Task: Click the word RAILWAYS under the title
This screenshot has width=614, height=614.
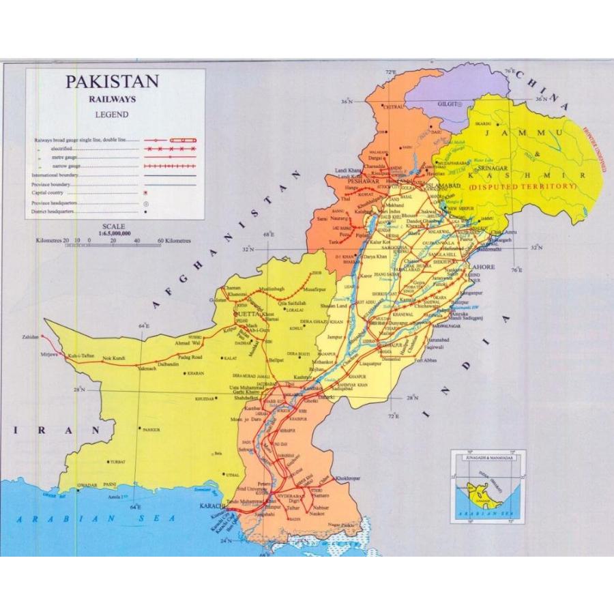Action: (112, 99)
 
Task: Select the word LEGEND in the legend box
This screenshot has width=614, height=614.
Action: (112, 115)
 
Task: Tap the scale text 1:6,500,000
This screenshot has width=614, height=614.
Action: (114, 232)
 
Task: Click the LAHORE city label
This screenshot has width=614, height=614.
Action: (482, 266)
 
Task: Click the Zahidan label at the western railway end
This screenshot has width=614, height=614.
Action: (30, 338)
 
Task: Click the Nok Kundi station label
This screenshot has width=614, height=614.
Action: (115, 359)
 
